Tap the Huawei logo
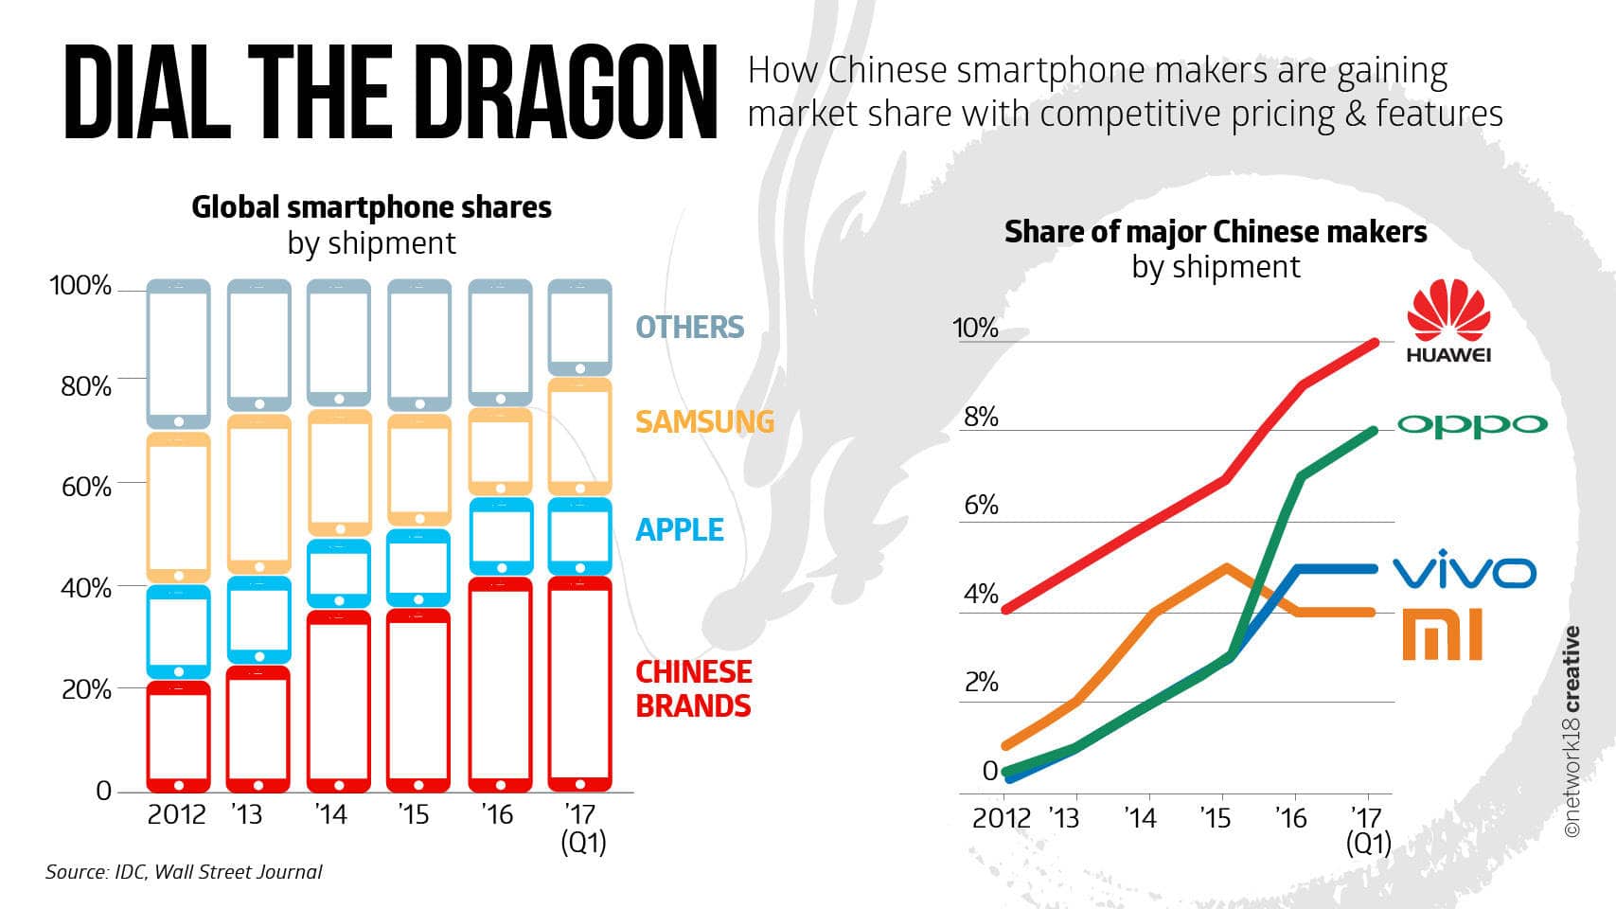coord(1448,322)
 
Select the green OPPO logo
coord(1472,425)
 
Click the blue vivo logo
coord(1465,571)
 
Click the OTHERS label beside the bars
coord(689,328)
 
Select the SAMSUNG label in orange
coord(704,421)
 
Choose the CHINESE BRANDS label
coord(693,688)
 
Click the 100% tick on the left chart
coord(80,286)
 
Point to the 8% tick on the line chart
coord(981,418)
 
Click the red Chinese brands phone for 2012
coord(178,737)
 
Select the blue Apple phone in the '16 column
coord(501,536)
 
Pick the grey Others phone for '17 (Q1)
coord(579,328)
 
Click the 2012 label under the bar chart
coord(176,814)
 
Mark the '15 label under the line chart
coord(1216,818)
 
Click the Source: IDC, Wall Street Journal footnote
coord(184,872)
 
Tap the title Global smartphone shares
coord(371,207)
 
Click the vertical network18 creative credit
coord(1572,731)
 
